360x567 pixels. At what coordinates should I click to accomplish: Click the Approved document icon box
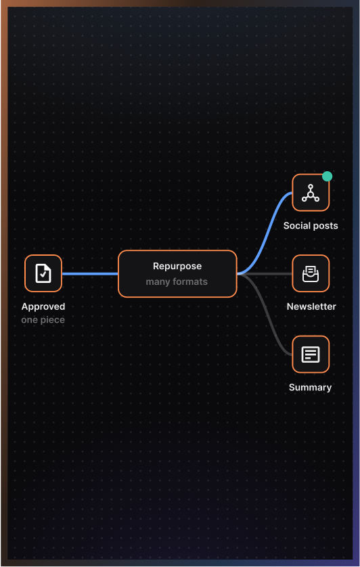[x=43, y=273]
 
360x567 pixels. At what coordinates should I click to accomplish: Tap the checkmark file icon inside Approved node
[x=43, y=273]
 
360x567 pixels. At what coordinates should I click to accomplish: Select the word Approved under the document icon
[x=43, y=307]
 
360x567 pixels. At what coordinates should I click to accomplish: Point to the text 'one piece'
[x=43, y=320]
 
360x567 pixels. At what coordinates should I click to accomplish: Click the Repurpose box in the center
[x=178, y=274]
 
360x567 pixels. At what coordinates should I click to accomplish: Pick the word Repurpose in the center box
[x=177, y=266]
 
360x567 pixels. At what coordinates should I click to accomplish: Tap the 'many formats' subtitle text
[x=177, y=281]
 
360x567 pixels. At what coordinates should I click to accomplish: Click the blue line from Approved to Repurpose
[x=90, y=274]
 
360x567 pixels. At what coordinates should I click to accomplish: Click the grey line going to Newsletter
[x=265, y=274]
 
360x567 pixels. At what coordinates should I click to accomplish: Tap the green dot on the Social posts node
[x=327, y=176]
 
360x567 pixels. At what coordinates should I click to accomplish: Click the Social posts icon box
[x=311, y=192]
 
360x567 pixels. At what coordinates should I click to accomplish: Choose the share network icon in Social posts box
[x=311, y=192]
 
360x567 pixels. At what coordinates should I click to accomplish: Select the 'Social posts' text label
[x=311, y=225]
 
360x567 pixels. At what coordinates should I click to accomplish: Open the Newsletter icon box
[x=311, y=273]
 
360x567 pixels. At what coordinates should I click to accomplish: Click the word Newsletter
[x=311, y=307]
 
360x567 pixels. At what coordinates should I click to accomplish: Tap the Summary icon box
[x=311, y=355]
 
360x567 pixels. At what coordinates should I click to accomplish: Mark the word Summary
[x=311, y=388]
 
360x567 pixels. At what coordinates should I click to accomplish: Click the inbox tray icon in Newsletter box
[x=311, y=274]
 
